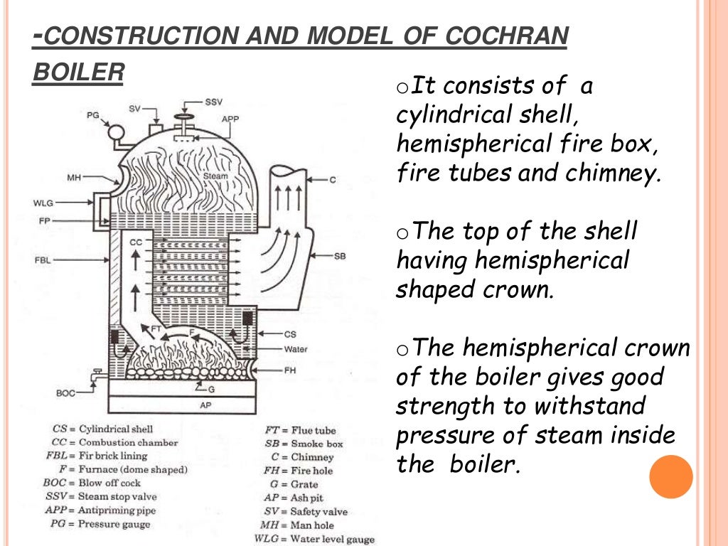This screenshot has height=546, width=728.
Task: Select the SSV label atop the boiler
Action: coord(213,102)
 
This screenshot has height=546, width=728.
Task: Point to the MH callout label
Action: coord(75,178)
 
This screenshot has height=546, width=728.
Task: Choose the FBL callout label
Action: coord(44,260)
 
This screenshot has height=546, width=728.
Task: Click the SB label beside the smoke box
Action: coord(340,255)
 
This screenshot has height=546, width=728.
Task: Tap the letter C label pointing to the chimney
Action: coord(332,180)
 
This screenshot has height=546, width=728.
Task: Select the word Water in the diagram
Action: coord(296,350)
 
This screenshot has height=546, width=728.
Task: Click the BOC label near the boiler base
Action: coord(66,392)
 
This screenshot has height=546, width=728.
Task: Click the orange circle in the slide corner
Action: coord(671,477)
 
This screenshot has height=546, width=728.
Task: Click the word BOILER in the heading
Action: coord(78,73)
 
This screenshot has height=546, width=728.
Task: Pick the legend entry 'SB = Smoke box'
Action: coord(304,444)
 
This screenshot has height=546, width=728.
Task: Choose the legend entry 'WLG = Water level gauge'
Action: coord(314,539)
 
